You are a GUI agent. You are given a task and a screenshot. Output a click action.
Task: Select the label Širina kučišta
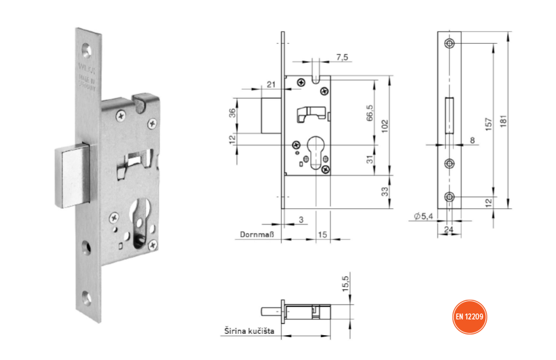[x=245, y=333]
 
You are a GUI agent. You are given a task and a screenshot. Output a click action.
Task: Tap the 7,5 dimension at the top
[x=341, y=57]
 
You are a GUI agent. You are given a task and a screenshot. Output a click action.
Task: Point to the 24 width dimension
[x=449, y=229]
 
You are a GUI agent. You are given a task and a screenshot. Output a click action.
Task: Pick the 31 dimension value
[x=370, y=160]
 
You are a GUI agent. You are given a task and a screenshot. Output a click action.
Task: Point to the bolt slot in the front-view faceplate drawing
[x=449, y=116]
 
